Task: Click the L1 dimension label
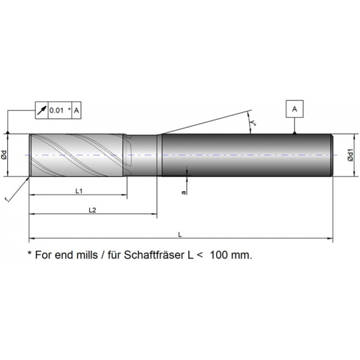pyautogui.click(x=79, y=191)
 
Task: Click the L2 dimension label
pyautogui.click(x=92, y=210)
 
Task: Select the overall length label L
pyautogui.click(x=180, y=234)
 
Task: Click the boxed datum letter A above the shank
pyautogui.click(x=295, y=109)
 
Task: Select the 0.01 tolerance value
pyautogui.click(x=57, y=110)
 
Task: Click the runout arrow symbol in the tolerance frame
pyautogui.click(x=42, y=110)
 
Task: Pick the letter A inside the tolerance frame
pyautogui.click(x=76, y=110)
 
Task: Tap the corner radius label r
pyautogui.click(x=7, y=199)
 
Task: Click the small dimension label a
pyautogui.click(x=184, y=193)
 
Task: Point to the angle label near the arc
pyautogui.click(x=253, y=122)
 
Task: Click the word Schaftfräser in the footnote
pyautogui.click(x=154, y=255)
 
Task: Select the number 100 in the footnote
pyautogui.click(x=219, y=255)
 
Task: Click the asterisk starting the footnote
pyautogui.click(x=29, y=253)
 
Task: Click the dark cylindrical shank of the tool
pyautogui.click(x=247, y=155)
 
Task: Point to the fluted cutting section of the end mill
pyautogui.click(x=77, y=155)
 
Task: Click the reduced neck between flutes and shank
pyautogui.click(x=142, y=155)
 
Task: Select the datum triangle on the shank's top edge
pyautogui.click(x=295, y=132)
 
